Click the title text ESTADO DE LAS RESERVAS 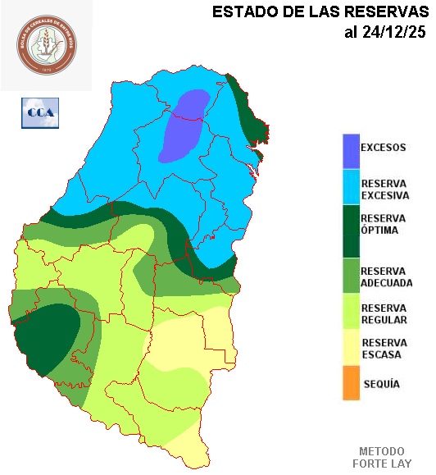tap(320, 12)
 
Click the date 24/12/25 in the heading tap(385, 33)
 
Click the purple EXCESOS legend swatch tap(351, 149)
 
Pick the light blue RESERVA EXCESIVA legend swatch tap(351, 187)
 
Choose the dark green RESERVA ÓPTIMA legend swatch tap(351, 226)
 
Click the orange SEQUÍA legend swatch tap(351, 383)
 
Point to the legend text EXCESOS tap(384, 148)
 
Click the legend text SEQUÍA tap(381, 384)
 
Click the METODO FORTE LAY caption tap(382, 458)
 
